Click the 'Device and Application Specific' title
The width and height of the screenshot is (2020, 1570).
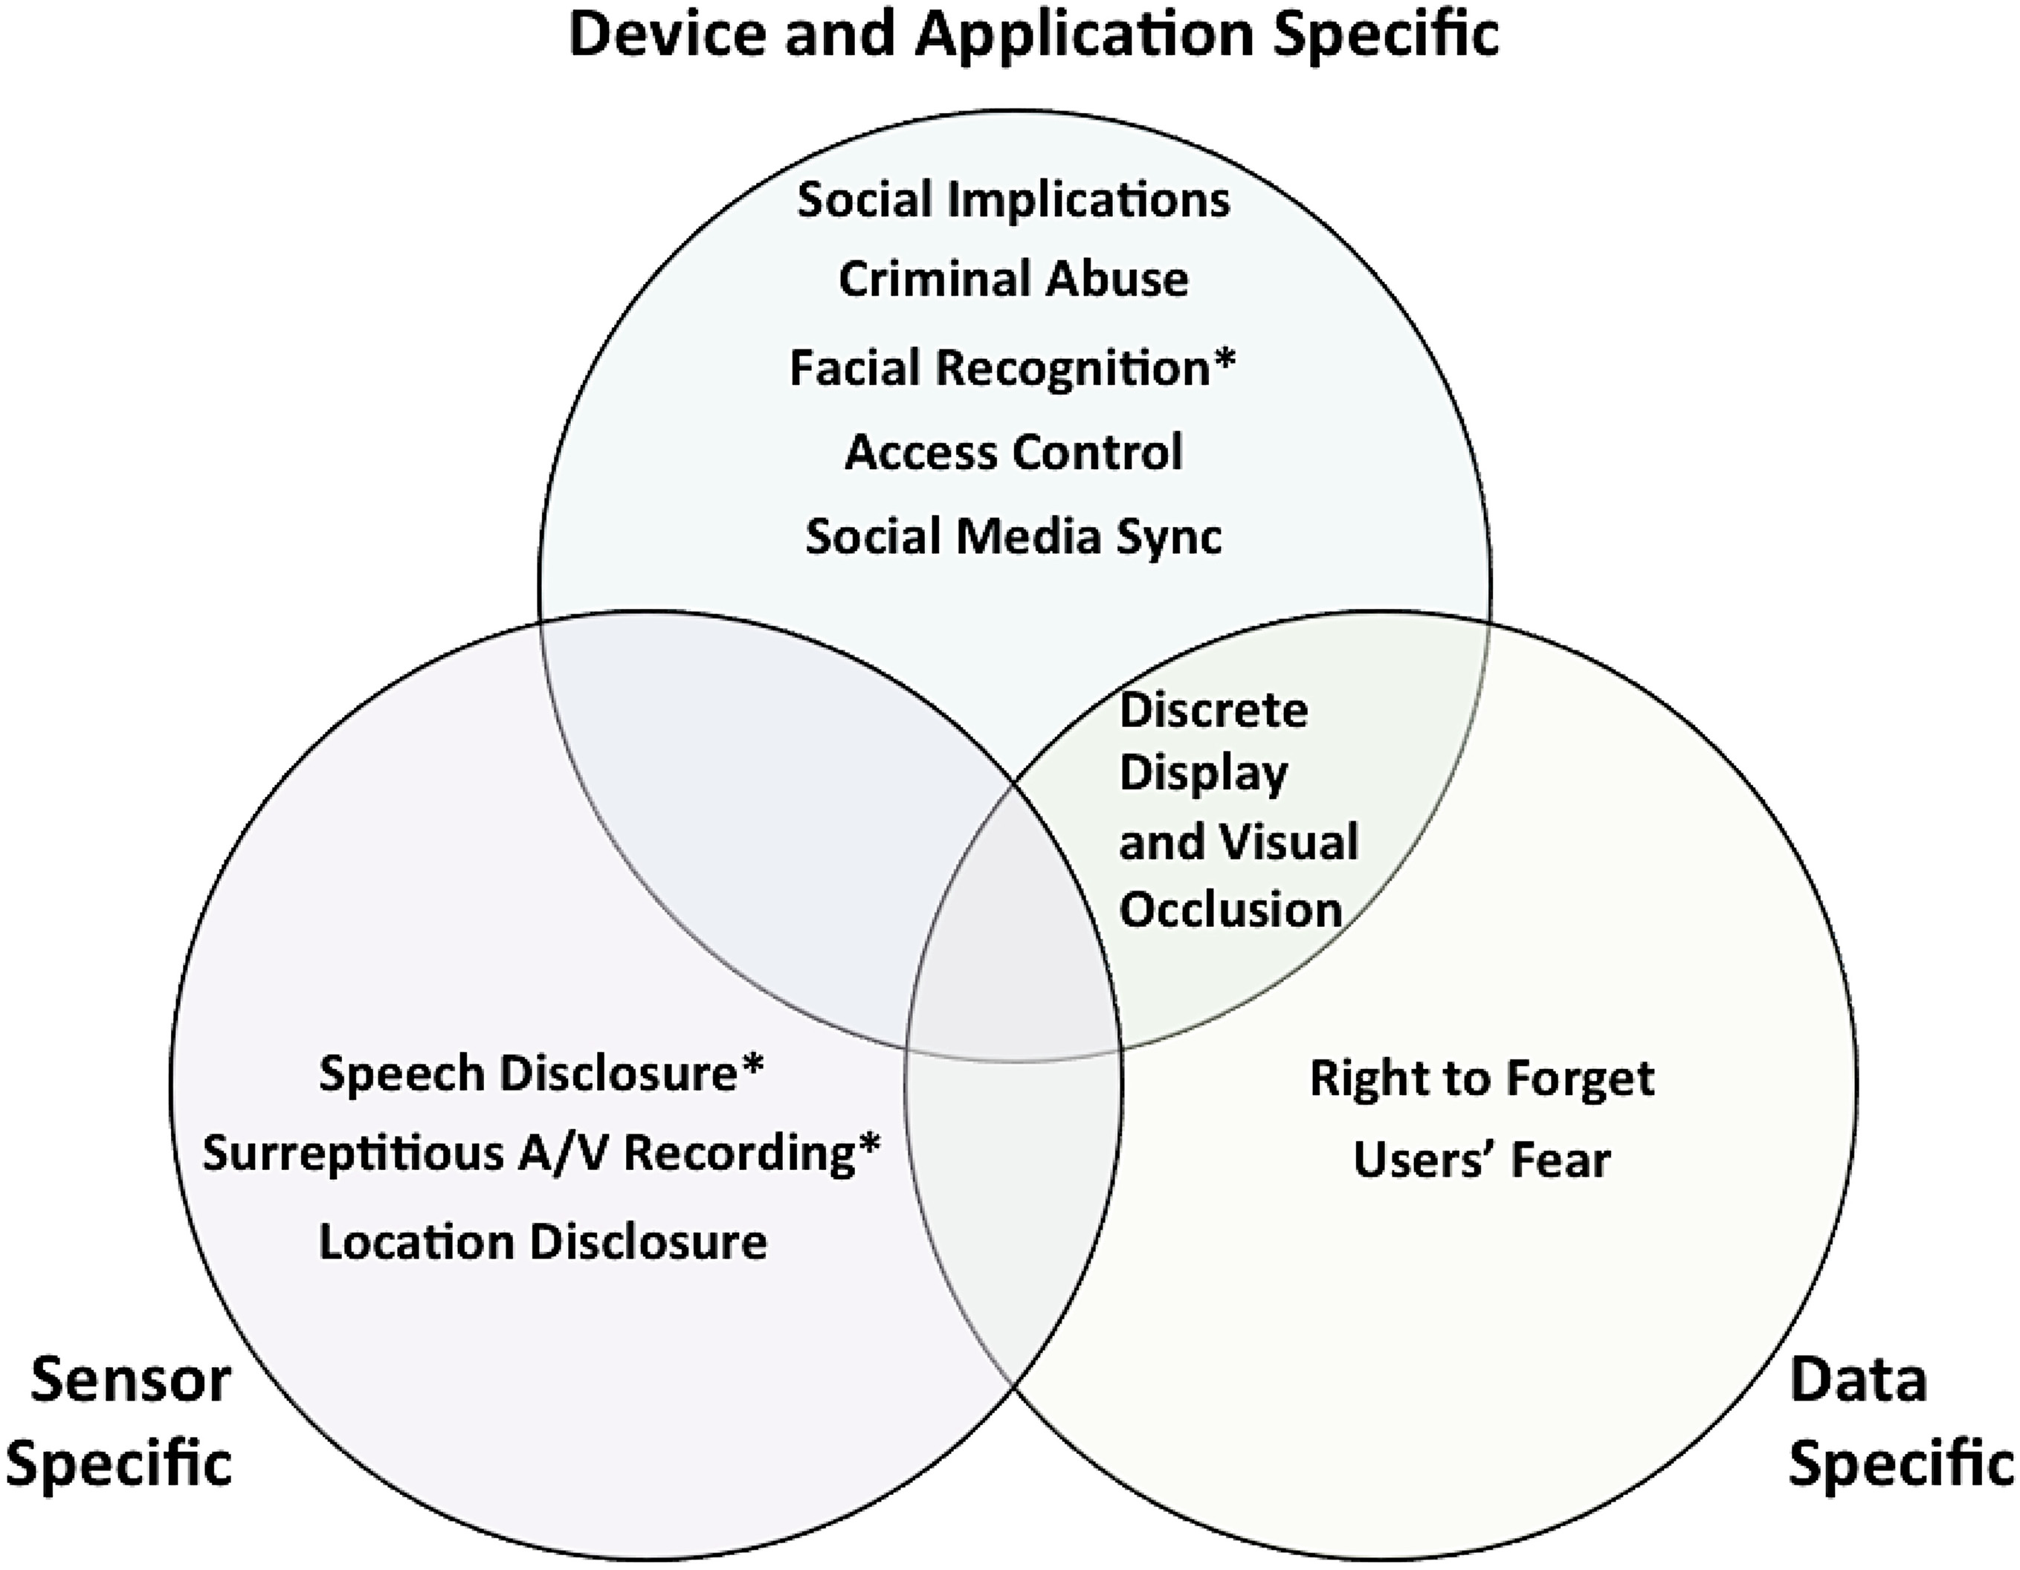(1033, 35)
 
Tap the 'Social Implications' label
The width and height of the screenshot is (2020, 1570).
(1013, 200)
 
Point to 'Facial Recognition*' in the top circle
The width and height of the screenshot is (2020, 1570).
(1012, 368)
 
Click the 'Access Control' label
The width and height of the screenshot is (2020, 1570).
(1013, 452)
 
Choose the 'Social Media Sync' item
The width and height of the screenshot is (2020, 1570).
(1013, 536)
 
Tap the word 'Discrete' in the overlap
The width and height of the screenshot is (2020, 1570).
(1213, 711)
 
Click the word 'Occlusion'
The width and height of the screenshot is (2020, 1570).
(1230, 910)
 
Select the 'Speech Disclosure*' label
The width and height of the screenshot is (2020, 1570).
(541, 1073)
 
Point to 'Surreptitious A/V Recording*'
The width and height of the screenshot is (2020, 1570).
(541, 1154)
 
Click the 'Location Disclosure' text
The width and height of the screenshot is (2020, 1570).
(543, 1241)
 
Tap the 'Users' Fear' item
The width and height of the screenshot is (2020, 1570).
(1482, 1160)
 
